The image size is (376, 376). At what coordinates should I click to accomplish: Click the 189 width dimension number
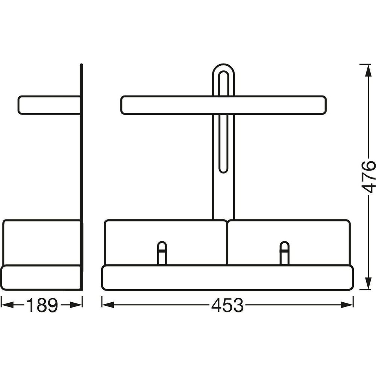click(42, 305)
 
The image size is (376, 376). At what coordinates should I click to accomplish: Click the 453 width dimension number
click(227, 305)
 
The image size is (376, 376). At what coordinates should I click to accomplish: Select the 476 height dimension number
click(368, 177)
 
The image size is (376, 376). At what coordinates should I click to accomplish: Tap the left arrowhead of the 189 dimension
click(7, 305)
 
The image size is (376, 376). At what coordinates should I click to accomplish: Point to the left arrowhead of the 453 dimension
click(108, 305)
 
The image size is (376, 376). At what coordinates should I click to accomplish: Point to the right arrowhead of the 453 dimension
click(347, 305)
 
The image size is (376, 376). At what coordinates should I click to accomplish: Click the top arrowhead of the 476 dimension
click(367, 71)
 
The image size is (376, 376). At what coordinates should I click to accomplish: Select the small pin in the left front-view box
click(162, 253)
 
